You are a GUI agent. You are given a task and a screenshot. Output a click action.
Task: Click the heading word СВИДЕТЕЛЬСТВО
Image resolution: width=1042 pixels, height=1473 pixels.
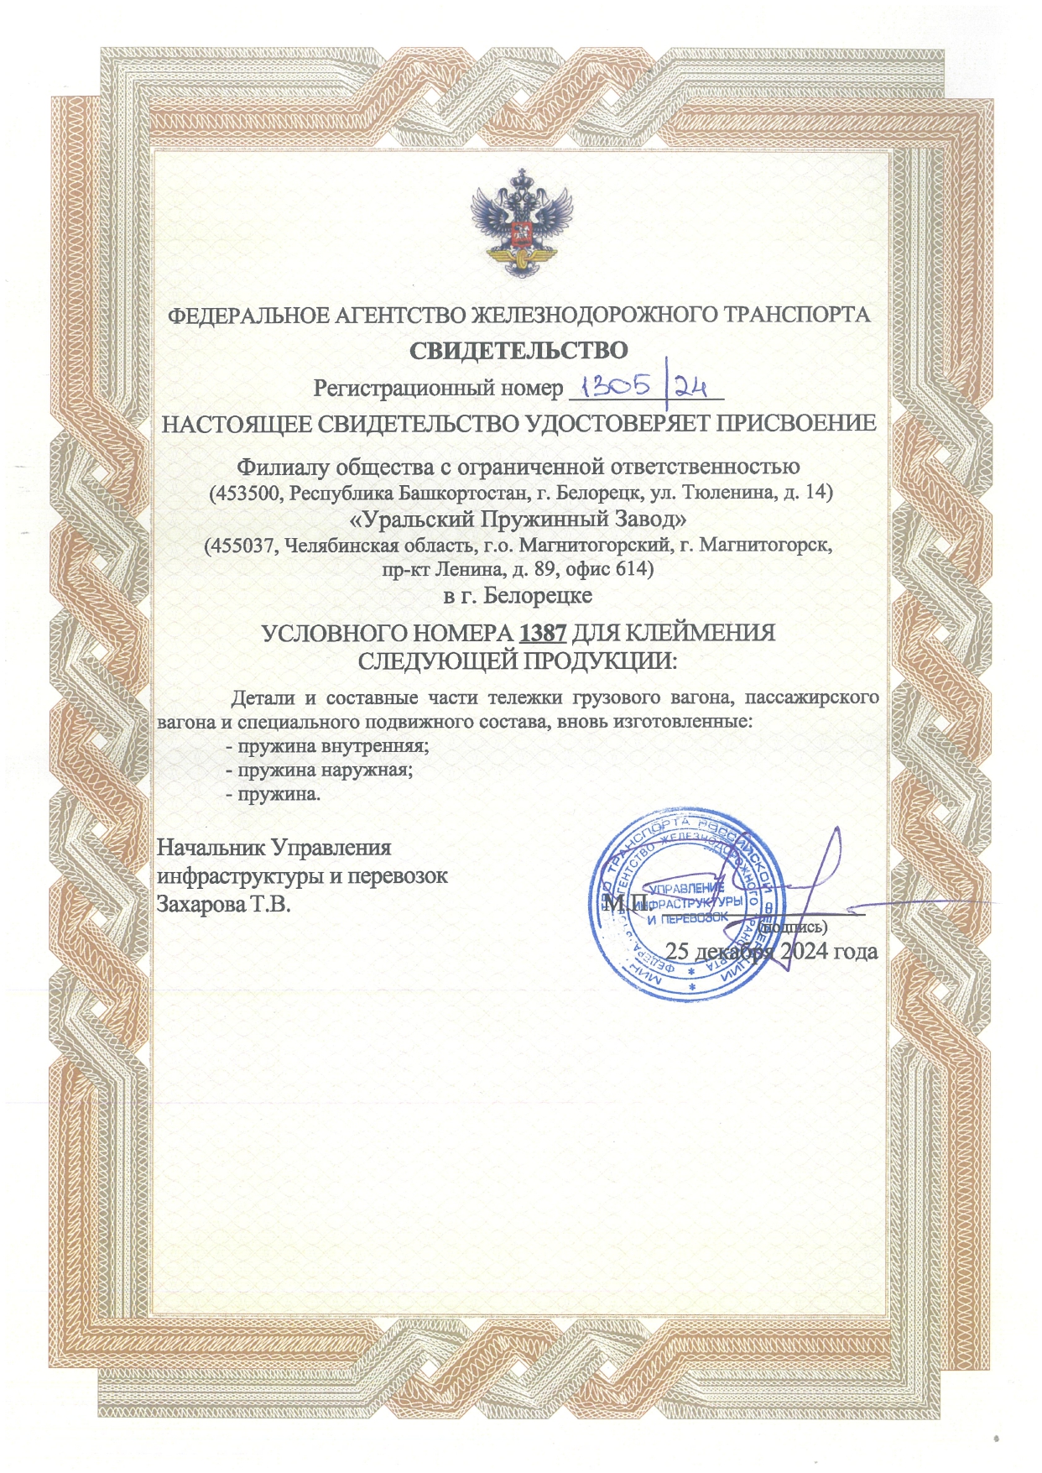pyautogui.click(x=518, y=350)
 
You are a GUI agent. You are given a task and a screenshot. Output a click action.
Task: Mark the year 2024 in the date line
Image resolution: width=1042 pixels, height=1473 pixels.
pyautogui.click(x=806, y=951)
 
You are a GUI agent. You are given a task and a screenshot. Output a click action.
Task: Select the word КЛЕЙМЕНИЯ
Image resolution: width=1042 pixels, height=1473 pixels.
pyautogui.click(x=703, y=633)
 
